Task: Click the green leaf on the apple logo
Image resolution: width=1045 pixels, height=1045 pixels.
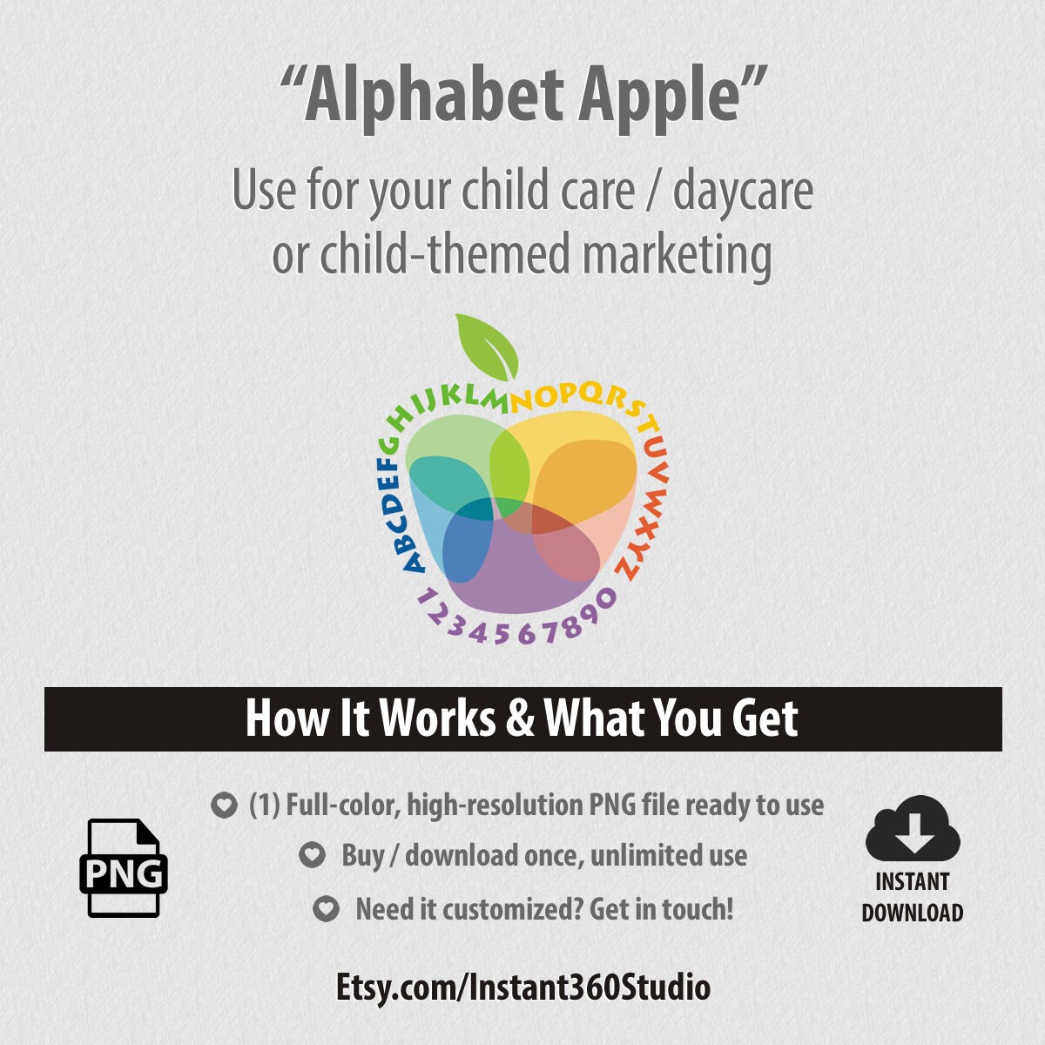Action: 489,345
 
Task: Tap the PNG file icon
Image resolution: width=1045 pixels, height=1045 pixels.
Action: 124,868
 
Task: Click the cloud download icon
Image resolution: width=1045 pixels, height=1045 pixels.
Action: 912,828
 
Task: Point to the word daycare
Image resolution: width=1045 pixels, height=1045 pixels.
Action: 742,192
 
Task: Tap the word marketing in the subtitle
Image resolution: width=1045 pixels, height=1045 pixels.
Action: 677,255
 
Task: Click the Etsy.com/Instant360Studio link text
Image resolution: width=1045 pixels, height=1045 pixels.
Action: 522,988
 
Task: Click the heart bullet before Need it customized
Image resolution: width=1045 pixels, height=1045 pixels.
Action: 326,910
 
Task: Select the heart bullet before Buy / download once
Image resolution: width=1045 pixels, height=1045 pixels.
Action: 312,856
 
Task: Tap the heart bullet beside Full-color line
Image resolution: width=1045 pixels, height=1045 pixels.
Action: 224,806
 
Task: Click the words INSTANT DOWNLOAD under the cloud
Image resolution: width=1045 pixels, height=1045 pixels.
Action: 912,897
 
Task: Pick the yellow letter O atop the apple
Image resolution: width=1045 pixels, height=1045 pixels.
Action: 548,397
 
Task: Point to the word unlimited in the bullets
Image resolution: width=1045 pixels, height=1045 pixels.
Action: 629,856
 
